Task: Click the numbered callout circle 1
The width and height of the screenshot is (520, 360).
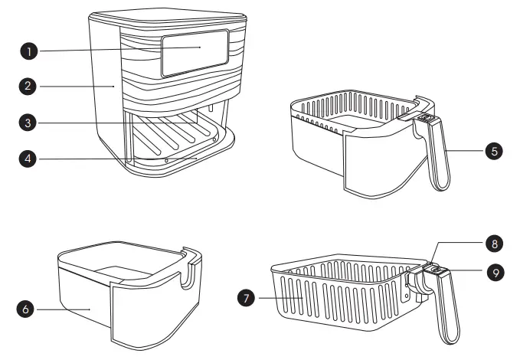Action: point(28,51)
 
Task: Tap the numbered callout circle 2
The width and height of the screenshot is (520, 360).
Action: point(28,87)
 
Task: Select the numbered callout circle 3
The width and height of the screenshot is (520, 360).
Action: point(28,122)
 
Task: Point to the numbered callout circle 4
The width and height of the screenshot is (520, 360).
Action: point(28,159)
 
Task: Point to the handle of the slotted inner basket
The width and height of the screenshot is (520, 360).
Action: point(446,306)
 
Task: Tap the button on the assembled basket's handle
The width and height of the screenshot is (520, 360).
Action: point(425,119)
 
